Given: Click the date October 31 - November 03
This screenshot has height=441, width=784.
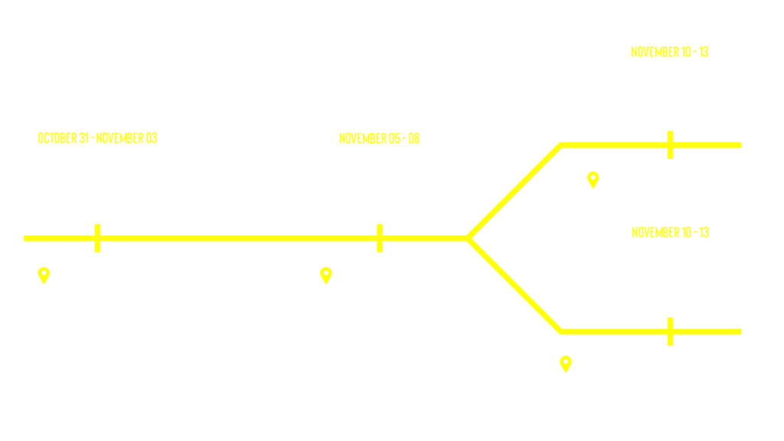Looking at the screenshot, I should click(x=97, y=138).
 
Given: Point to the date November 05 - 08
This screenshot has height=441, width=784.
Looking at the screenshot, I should click(x=379, y=139).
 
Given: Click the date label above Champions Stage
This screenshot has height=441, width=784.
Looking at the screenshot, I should click(x=669, y=51).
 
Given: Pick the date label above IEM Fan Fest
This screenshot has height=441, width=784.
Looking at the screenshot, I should click(x=669, y=232).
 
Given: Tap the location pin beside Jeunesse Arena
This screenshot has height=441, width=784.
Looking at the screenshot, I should click(x=592, y=180).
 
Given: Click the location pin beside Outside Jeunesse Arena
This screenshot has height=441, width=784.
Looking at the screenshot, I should click(x=565, y=364).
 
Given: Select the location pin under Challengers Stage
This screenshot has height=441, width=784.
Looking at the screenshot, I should click(x=44, y=275).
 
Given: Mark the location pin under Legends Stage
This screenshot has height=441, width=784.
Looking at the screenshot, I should click(x=325, y=275).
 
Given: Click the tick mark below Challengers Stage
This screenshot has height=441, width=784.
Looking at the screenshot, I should click(x=96, y=237).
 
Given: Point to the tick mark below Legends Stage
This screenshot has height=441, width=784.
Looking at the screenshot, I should click(x=379, y=237).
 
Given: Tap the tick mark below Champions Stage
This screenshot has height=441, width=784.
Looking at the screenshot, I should click(x=670, y=145).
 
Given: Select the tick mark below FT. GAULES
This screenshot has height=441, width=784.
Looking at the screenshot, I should click(x=670, y=332).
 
